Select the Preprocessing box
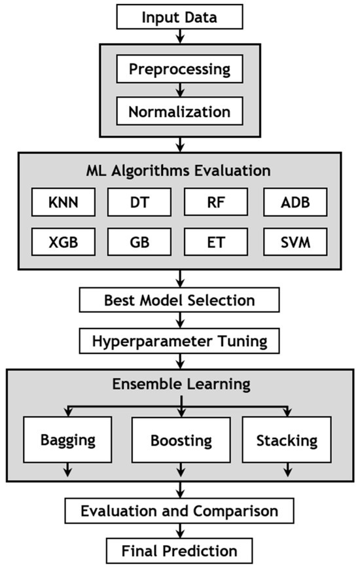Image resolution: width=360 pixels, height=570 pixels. point(179,69)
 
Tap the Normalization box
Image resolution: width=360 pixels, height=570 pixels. point(179,111)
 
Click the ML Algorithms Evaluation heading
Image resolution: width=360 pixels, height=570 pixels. point(179,171)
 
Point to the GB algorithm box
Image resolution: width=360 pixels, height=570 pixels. point(139,243)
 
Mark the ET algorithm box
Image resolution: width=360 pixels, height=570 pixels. point(218,243)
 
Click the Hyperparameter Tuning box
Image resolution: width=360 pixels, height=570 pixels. point(179,341)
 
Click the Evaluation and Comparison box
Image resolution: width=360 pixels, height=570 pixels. point(179,510)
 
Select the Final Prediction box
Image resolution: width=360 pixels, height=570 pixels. point(179,549)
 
